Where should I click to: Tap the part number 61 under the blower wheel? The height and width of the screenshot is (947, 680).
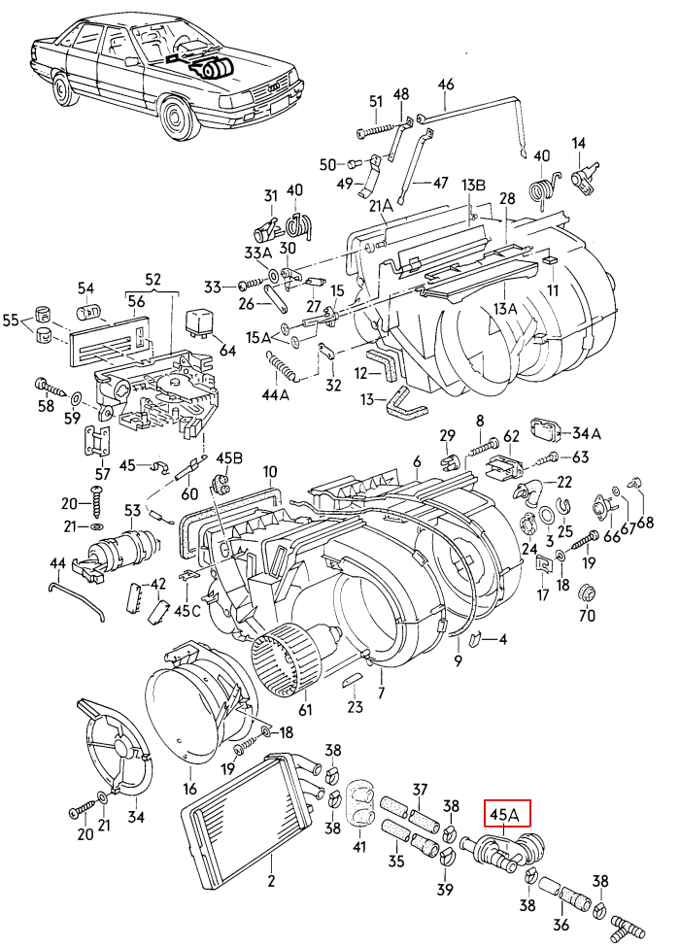point(305,709)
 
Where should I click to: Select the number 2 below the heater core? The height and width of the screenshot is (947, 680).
point(271,882)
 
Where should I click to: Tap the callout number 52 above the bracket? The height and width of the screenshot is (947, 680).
point(153,279)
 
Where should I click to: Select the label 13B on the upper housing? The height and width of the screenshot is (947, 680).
point(472,185)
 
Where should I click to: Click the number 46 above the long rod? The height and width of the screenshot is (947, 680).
point(446,84)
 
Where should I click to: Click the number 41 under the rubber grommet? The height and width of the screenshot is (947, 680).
point(360,847)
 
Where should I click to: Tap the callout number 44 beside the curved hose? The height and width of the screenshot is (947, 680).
point(57,563)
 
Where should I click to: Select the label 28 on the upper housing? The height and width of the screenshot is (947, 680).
point(506,199)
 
